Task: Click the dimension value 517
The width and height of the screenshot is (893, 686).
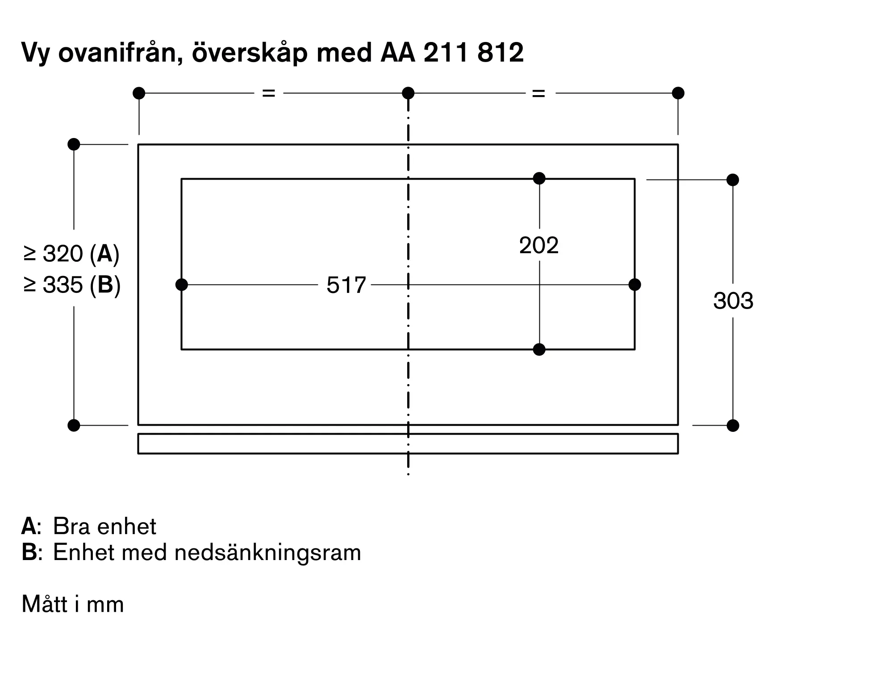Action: click(x=346, y=285)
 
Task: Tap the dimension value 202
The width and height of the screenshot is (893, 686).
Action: click(x=539, y=245)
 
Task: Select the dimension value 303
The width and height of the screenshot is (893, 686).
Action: click(x=733, y=301)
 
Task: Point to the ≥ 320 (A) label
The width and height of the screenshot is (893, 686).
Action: click(x=72, y=254)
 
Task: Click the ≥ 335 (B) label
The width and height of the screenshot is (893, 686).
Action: click(x=72, y=284)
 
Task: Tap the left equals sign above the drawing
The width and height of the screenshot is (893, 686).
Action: click(x=268, y=93)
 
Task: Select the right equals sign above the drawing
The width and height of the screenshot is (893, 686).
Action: click(x=539, y=93)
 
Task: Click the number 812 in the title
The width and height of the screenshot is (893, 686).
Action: click(x=500, y=53)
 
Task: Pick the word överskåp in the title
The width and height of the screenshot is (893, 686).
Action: click(x=249, y=53)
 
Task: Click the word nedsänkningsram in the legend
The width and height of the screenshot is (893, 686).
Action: click(x=267, y=553)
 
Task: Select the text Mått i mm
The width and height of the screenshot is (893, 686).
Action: click(x=73, y=604)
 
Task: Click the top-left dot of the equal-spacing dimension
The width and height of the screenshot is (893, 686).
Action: click(x=139, y=93)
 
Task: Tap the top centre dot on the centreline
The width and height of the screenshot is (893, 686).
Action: click(x=408, y=93)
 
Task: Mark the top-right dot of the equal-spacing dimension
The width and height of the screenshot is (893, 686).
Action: click(x=678, y=93)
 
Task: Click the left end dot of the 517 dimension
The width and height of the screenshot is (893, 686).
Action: click(x=182, y=284)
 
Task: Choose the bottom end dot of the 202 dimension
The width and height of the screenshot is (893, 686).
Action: click(x=539, y=349)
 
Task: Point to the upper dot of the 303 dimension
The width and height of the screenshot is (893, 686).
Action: click(x=733, y=180)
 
